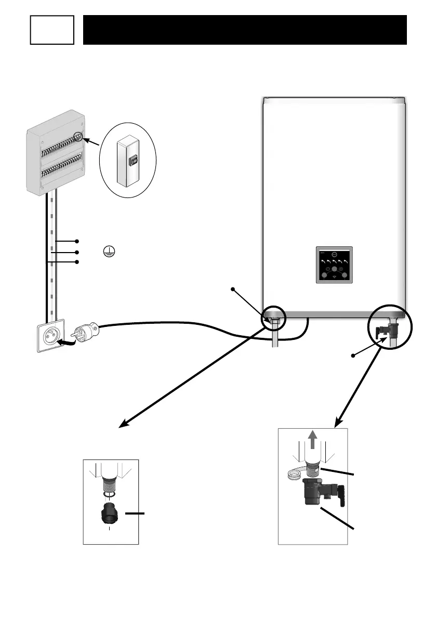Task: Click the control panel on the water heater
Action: [335, 265]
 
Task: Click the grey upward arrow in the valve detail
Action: [312, 441]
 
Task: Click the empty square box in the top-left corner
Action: [51, 30]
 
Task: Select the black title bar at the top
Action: [244, 30]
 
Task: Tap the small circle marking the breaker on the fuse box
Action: [78, 137]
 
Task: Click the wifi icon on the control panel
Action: [335, 279]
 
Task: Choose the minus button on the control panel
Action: [328, 268]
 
